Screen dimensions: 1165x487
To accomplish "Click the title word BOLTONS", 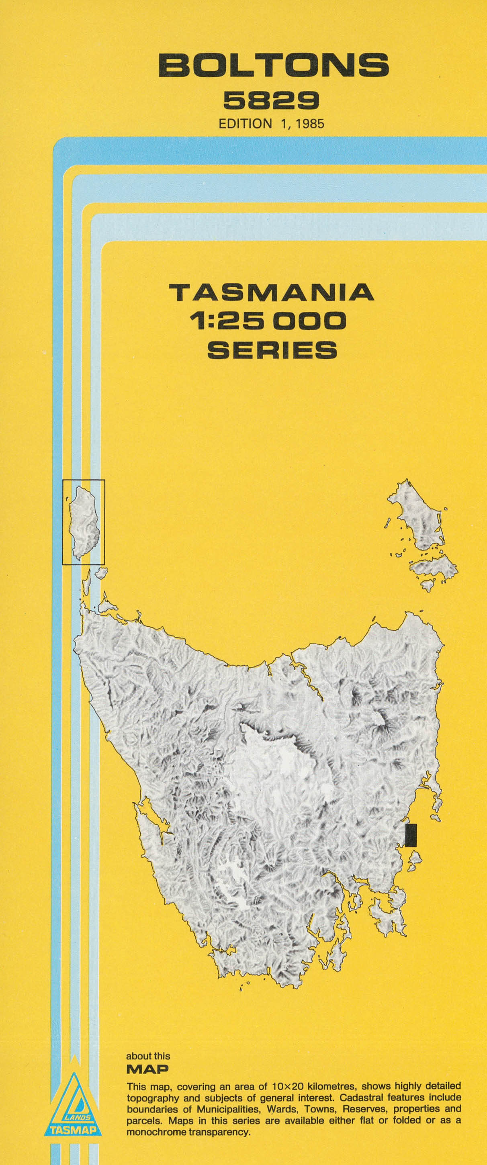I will coord(273,65).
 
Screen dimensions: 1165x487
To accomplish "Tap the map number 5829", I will coord(271,100).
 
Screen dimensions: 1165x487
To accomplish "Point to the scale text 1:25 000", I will coord(268,321).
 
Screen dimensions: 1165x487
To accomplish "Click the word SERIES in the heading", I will coord(272,350).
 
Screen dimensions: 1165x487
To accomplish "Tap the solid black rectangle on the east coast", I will coord(411,835).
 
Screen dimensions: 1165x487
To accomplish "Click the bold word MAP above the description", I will coord(147,1069).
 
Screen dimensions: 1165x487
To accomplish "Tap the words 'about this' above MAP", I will coord(148,1057).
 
